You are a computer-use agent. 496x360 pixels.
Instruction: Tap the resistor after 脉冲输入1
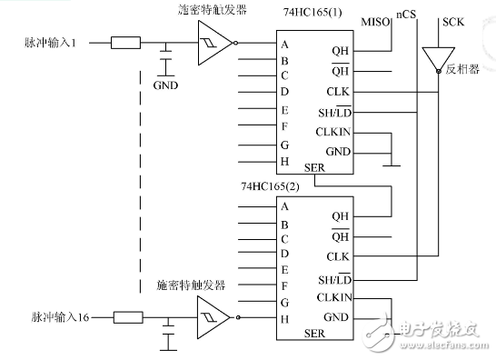pyautogui.click(x=124, y=42)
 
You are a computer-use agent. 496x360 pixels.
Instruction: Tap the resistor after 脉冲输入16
pyautogui.click(x=127, y=316)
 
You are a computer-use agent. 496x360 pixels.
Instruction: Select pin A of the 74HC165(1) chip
pyautogui.click(x=286, y=44)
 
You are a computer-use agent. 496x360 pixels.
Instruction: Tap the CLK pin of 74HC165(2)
pyautogui.click(x=340, y=257)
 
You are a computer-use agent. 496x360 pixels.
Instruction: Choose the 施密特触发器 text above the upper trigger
pyautogui.click(x=213, y=10)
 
